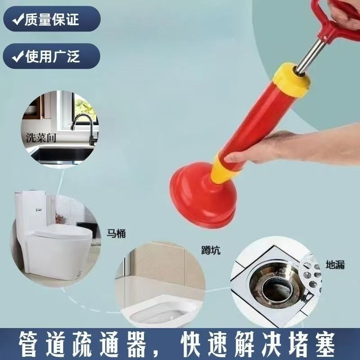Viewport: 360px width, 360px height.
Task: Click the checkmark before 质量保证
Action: pos(18,19)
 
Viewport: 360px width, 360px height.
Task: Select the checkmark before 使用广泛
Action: pos(18,56)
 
